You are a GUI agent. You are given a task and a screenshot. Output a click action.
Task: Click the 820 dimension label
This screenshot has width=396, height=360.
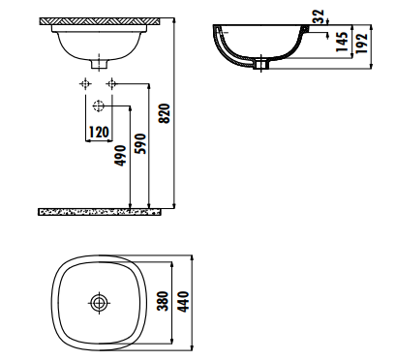point(165,113)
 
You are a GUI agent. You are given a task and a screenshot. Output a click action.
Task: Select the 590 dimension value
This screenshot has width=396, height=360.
point(140,143)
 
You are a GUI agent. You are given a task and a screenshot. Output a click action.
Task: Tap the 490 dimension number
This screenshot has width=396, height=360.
point(121,156)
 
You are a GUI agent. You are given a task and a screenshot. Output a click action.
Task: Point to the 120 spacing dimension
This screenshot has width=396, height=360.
point(99,132)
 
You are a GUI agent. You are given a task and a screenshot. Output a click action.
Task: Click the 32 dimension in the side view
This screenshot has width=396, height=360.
point(319,16)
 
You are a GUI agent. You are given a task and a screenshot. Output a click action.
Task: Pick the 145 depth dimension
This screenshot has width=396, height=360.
point(342,42)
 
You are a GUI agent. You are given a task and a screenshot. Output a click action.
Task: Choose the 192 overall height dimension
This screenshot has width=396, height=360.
point(362,44)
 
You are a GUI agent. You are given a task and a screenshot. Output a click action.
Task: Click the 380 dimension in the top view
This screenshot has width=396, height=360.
point(163,301)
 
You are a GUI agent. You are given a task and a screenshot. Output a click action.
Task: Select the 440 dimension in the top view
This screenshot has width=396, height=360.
point(183,302)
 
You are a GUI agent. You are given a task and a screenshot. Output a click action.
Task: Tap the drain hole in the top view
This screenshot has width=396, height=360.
point(99,303)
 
